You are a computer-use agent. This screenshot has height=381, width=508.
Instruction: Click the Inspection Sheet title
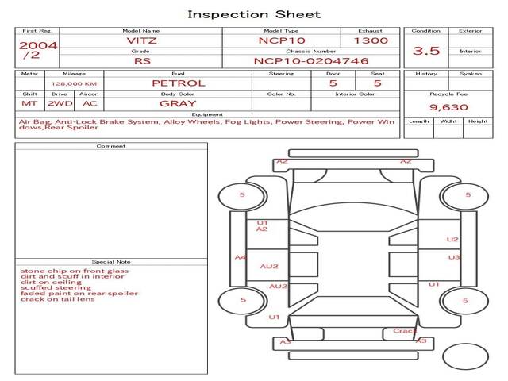pos(254,14)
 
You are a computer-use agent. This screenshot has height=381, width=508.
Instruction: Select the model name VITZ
pos(141,40)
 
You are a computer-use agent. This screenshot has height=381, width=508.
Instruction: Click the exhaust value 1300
pos(371,40)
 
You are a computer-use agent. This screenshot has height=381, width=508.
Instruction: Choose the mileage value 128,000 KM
pos(75,83)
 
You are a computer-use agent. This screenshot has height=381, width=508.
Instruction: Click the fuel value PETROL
pos(179,83)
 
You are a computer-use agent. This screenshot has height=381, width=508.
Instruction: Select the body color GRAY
pos(178,103)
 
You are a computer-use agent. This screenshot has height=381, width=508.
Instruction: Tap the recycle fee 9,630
pos(448,106)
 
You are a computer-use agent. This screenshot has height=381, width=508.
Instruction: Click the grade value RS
pos(141,60)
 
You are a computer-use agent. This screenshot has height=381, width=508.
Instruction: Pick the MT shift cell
pos(29,103)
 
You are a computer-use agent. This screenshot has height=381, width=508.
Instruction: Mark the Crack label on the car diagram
pos(404,331)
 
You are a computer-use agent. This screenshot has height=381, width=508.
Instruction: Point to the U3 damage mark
pos(454,257)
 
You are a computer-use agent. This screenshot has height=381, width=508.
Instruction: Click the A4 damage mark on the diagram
pos(241,257)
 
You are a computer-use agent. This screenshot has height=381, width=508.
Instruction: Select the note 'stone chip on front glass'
pos(75,271)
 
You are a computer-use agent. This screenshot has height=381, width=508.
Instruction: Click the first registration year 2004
pos(37,45)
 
